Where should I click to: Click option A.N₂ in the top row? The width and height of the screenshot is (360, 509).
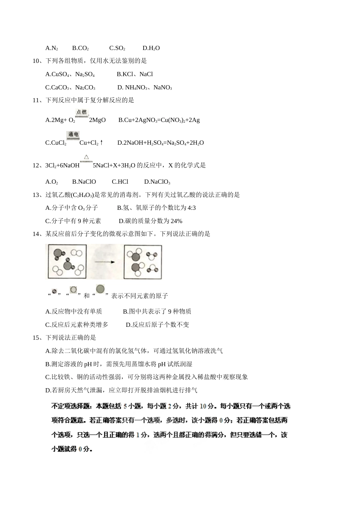52,48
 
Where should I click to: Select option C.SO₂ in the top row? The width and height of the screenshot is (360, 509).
117,48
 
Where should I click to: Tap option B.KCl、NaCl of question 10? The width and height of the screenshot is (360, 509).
135,74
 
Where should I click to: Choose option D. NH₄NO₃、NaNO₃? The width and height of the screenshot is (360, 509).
144,87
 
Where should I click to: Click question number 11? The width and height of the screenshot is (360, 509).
36,100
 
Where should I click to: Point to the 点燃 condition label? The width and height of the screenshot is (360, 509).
81,112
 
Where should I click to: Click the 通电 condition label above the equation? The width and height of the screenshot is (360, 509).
73,135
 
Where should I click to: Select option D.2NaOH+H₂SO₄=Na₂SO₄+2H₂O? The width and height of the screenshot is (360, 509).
160,143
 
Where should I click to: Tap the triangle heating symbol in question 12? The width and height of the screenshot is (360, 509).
86,157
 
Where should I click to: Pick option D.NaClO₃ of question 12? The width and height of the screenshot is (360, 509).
157,182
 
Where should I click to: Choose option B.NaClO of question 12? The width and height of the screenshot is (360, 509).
84,182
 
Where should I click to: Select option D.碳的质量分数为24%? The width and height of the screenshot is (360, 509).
150,221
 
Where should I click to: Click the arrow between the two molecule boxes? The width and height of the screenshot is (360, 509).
105,262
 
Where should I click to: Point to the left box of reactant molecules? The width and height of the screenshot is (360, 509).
67,262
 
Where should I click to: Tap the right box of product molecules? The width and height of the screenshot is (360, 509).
143,262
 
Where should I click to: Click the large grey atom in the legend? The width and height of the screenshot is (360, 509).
100,290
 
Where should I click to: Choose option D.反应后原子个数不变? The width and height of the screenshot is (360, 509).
157,325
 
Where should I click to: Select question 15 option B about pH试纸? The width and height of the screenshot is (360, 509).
119,364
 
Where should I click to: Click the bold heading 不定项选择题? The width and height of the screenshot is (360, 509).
72,406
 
